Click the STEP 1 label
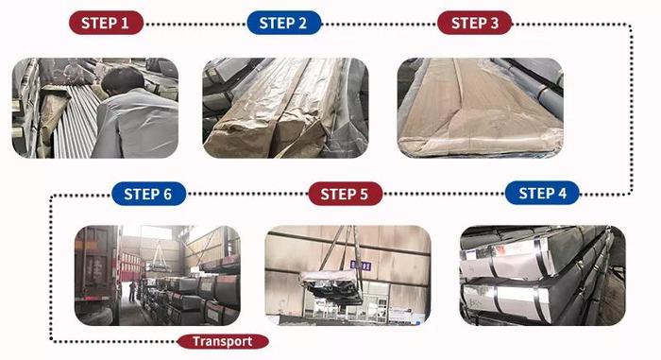click(106, 23)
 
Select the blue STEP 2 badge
click(283, 23)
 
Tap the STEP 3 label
click(475, 23)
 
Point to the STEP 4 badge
click(542, 194)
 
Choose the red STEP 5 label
click(346, 194)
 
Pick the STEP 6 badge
click(149, 194)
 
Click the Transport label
click(223, 341)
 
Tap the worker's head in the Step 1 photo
click(122, 81)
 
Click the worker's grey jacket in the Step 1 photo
click(135, 125)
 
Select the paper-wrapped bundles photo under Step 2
click(286, 108)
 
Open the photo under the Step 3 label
click(480, 108)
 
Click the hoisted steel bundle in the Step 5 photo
click(331, 286)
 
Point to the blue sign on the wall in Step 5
click(361, 266)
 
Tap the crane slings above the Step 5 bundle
click(342, 249)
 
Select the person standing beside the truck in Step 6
click(133, 292)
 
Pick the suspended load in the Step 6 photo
click(158, 266)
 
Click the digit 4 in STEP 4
click(562, 194)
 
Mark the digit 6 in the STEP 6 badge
click(167, 194)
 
